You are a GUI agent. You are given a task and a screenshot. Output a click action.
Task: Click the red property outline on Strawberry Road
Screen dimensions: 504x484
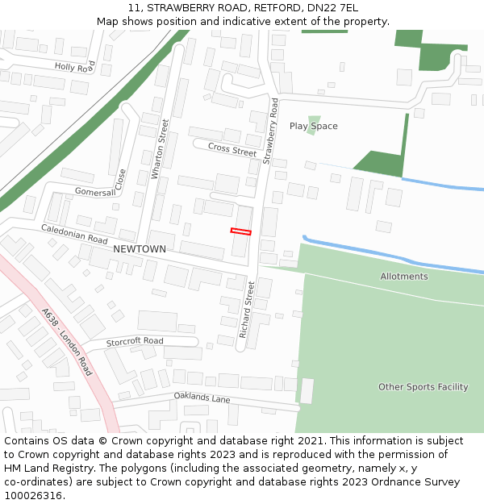click(240, 231)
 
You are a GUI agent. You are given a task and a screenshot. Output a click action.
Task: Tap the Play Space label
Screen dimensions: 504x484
click(313, 127)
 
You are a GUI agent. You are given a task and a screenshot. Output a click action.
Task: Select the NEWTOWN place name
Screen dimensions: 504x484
click(140, 249)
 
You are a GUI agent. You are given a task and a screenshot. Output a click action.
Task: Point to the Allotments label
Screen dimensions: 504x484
click(404, 277)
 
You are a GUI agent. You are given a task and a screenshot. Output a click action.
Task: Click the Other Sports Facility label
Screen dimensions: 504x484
click(423, 387)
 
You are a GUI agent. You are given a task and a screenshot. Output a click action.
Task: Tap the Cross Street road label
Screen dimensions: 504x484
click(232, 149)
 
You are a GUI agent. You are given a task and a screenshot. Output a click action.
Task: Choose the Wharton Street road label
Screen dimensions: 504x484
click(161, 149)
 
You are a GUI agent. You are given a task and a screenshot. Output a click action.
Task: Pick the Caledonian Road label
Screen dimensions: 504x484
click(74, 235)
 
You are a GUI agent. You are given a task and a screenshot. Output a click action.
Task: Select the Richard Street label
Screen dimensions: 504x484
click(246, 310)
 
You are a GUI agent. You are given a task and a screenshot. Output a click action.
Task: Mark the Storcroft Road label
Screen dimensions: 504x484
click(135, 341)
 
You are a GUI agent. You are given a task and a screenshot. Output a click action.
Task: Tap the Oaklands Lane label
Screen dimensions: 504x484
click(202, 398)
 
